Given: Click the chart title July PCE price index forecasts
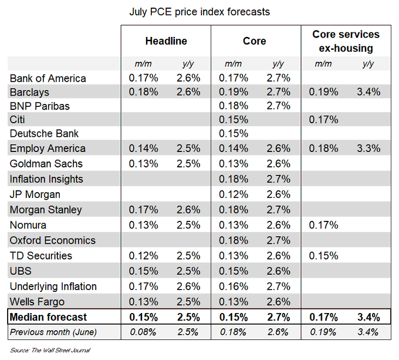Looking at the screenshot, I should (x=199, y=12).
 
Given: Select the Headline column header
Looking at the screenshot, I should (x=166, y=41).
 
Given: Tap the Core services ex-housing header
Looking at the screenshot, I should (x=346, y=41).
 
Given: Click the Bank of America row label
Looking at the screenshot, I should (x=48, y=78).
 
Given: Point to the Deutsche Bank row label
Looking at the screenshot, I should (x=45, y=133).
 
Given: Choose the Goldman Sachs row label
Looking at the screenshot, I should (x=46, y=164).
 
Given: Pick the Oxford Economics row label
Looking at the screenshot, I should (x=52, y=240).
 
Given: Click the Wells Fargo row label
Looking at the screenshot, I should (x=38, y=302).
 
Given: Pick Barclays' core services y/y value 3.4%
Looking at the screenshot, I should (x=368, y=92).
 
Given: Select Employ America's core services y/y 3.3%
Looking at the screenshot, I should (x=368, y=149).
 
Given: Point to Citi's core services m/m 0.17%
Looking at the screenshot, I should (x=323, y=120).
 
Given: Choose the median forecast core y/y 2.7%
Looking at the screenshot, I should (x=278, y=317).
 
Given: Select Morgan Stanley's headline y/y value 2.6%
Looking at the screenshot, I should (x=188, y=210).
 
